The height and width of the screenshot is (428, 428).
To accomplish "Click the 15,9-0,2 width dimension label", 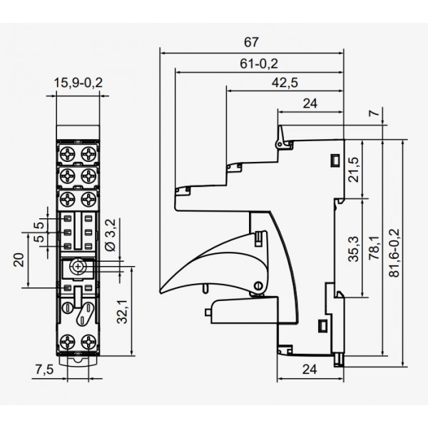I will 78,83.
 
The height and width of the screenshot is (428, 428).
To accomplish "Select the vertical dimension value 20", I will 20,260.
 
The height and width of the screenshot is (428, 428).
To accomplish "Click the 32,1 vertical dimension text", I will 123,311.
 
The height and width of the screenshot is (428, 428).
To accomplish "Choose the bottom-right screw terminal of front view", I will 89,340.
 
